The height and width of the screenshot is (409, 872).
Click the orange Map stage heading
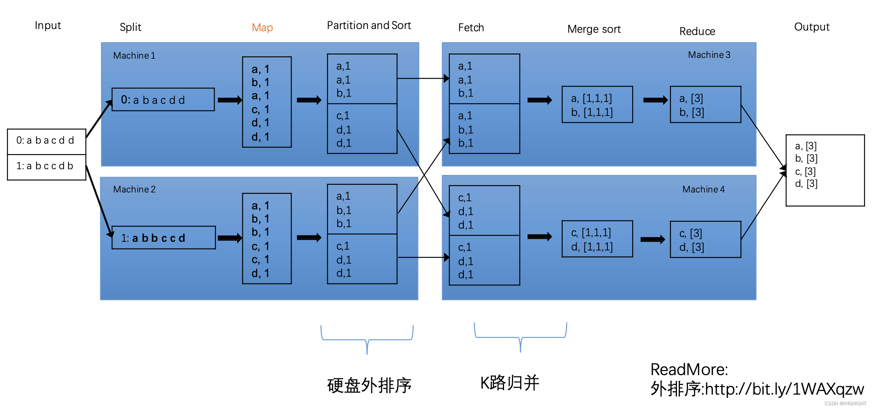pos(262,27)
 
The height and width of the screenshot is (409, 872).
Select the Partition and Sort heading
pos(369,26)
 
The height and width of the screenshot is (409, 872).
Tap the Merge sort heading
pos(594,29)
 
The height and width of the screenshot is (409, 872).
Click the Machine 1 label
pos(134,56)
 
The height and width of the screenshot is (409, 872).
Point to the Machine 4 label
pos(703,189)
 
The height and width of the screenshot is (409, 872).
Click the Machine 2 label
pos(134,189)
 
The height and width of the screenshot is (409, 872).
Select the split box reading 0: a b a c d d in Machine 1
pos(163,100)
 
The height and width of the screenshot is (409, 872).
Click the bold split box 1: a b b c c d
pos(163,238)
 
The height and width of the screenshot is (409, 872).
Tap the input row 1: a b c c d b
pos(47,167)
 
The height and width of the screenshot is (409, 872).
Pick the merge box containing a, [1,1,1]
pos(597,105)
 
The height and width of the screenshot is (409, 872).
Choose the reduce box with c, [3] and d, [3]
pos(705,239)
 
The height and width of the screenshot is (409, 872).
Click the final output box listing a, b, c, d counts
pos(825,170)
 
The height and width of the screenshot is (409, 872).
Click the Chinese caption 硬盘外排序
pos(369,385)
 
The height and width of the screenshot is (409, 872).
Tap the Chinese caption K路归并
pos(510,383)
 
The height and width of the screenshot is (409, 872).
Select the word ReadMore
pos(689,370)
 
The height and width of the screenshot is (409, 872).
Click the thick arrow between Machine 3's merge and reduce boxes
pos(655,100)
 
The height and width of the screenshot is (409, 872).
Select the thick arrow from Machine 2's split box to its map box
pos(229,238)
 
